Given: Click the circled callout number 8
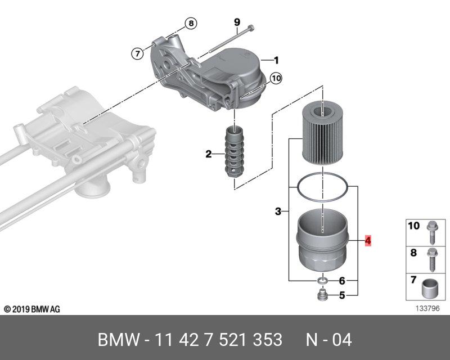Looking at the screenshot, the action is point(191,24).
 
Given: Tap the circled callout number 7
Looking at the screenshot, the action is point(137,54).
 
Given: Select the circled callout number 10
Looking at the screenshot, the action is point(276,79).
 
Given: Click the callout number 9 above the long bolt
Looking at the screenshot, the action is point(237,22).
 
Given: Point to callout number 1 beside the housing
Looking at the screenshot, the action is point(276,60).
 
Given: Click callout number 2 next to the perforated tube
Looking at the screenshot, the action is point(208,154).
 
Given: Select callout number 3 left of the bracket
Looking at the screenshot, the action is point(278,212).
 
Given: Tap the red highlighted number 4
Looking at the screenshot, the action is point(368,241).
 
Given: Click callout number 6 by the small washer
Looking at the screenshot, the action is point(341,281).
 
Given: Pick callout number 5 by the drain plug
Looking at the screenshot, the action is point(341,295).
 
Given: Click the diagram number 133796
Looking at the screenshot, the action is point(428,308).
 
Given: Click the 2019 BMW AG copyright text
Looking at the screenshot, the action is point(32,309).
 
